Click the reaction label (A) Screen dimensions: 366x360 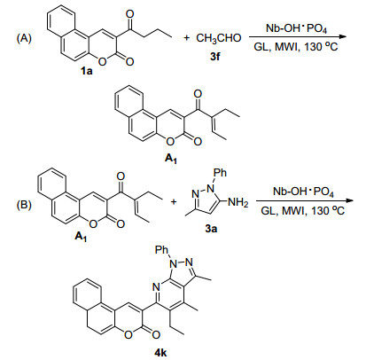point(24,38)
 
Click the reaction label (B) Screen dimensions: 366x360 point(24,205)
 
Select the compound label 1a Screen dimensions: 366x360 point(87,71)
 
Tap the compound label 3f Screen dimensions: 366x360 point(215,56)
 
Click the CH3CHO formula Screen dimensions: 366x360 point(219,38)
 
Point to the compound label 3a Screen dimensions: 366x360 point(211,229)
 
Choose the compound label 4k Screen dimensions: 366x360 point(160,352)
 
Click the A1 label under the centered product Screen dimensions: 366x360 point(172,159)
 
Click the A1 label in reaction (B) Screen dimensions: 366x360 point(82,237)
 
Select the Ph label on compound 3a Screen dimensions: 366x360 point(220,172)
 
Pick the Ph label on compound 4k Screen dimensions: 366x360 point(161,250)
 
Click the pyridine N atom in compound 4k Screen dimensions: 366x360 point(156,286)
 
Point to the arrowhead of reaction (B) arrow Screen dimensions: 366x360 point(349,200)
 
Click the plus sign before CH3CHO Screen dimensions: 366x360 point(187,38)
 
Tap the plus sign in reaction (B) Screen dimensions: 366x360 point(174,202)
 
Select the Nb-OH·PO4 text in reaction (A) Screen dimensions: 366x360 point(296,28)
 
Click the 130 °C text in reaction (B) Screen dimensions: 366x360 point(328,211)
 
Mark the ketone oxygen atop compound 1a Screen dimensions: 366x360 point(129,13)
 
